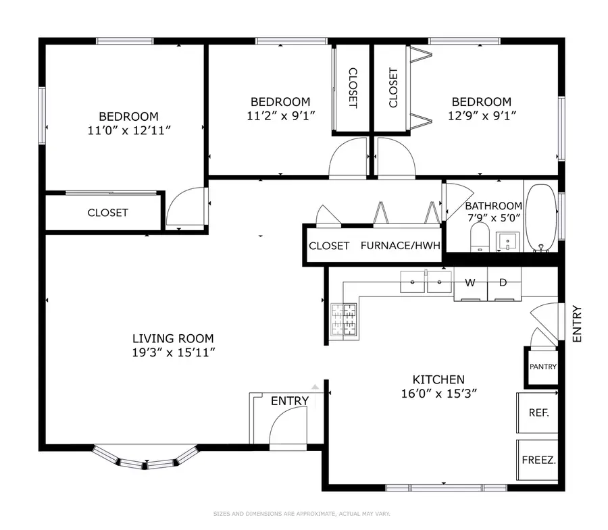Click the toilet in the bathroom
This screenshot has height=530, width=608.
(x=479, y=237)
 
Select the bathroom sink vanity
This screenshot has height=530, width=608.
(x=507, y=240)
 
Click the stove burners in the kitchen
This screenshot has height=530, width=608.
(x=343, y=320)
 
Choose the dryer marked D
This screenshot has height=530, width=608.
(x=503, y=282)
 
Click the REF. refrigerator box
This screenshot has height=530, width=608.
(x=538, y=412)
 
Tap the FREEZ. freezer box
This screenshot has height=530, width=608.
(x=538, y=460)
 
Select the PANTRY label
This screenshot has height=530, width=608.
(x=542, y=367)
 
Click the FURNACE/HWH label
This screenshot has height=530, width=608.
(x=400, y=245)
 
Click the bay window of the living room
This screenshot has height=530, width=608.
(x=146, y=459)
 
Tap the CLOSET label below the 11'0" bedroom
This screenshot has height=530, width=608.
(x=107, y=212)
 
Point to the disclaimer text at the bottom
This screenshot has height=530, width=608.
(x=302, y=514)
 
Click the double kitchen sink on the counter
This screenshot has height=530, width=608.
(x=426, y=282)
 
